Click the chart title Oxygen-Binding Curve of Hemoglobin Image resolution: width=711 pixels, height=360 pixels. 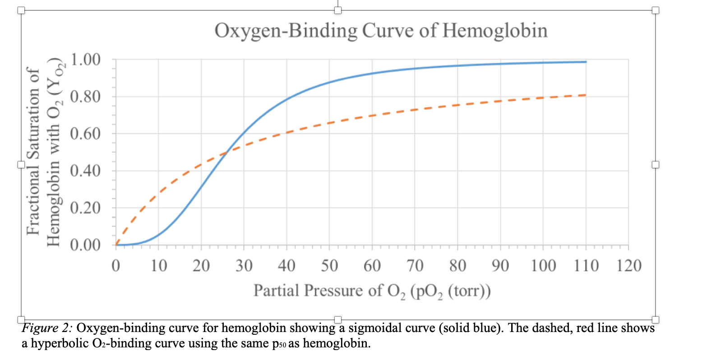[x=381, y=31]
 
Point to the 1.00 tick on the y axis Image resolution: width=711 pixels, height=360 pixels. [x=86, y=59]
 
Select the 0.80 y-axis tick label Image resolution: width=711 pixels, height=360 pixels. [x=86, y=97]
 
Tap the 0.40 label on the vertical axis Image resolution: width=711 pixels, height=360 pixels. [x=86, y=171]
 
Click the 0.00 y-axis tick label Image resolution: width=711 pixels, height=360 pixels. [x=86, y=245]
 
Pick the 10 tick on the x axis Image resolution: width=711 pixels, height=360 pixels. [x=158, y=266]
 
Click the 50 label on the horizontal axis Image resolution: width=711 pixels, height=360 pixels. [x=329, y=266]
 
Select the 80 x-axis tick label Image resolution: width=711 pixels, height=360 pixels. [x=457, y=266]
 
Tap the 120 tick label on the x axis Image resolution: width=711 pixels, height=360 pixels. [x=629, y=266]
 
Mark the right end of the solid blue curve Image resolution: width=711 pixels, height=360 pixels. [x=586, y=62]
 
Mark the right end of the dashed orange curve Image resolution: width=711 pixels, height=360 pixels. [x=586, y=95]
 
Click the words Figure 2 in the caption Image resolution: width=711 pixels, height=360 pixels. [x=47, y=328]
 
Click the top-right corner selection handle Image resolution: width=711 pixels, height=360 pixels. [x=656, y=10]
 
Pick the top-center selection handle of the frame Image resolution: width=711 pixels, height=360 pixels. [x=338, y=10]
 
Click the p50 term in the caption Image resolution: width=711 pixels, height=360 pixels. [x=279, y=344]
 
